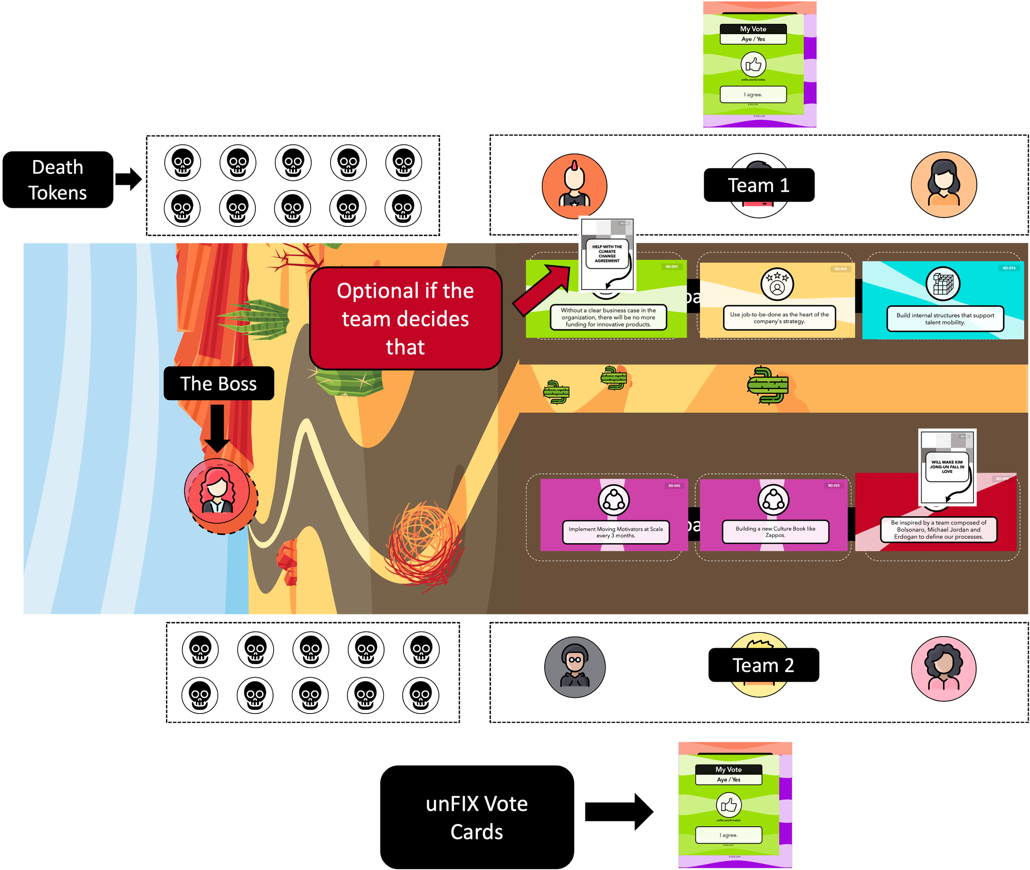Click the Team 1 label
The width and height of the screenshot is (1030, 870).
click(x=758, y=185)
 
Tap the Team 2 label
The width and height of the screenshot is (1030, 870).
click(x=763, y=665)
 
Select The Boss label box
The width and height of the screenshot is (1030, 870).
click(x=219, y=384)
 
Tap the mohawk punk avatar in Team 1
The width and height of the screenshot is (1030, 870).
click(x=574, y=186)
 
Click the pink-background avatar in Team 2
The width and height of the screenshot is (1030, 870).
click(x=943, y=668)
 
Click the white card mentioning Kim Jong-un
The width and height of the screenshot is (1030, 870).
click(x=947, y=467)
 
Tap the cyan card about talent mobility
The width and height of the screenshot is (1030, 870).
click(x=943, y=300)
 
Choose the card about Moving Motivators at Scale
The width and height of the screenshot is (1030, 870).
click(x=614, y=515)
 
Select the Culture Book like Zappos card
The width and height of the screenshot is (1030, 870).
click(x=773, y=515)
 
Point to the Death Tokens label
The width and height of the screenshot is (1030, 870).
click(x=58, y=180)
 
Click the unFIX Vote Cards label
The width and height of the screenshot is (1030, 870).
click(x=477, y=817)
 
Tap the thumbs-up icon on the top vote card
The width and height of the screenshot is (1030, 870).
click(x=753, y=65)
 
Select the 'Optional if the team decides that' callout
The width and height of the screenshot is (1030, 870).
click(x=405, y=319)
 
